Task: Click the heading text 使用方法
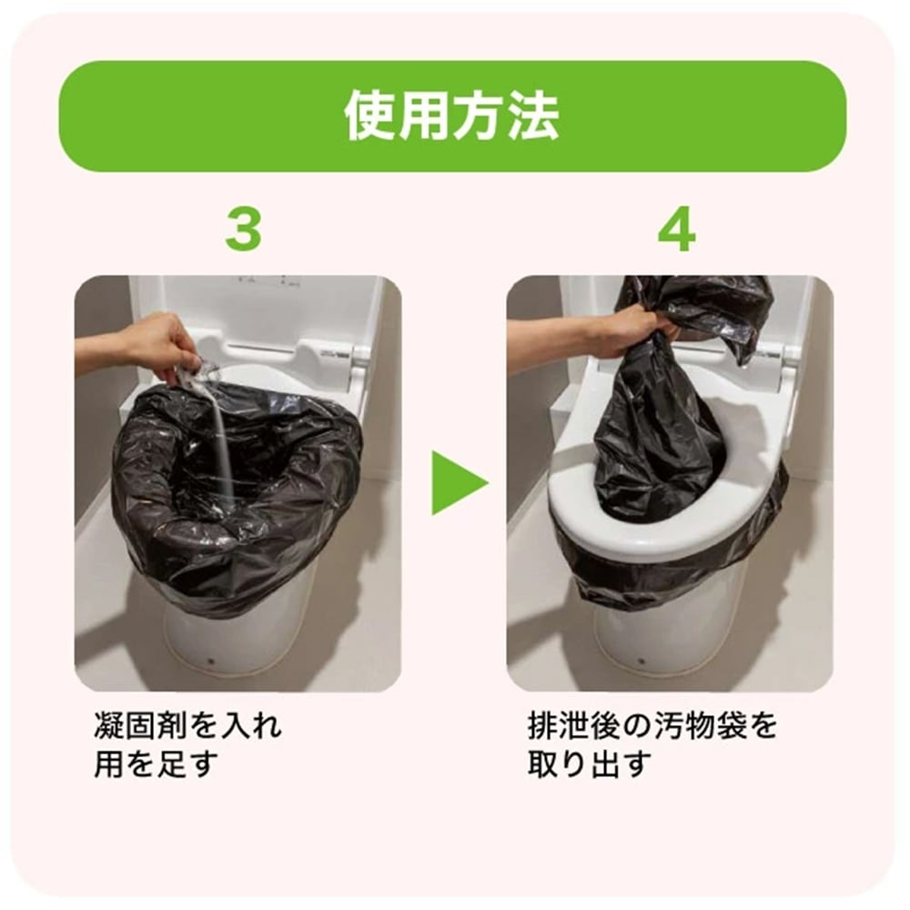pyautogui.click(x=452, y=116)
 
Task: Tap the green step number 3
pyautogui.click(x=243, y=230)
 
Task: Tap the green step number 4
pyautogui.click(x=675, y=230)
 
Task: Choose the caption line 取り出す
pyautogui.click(x=591, y=764)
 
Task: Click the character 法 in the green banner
pyautogui.click(x=532, y=116)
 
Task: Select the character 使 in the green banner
pyautogui.click(x=371, y=116)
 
